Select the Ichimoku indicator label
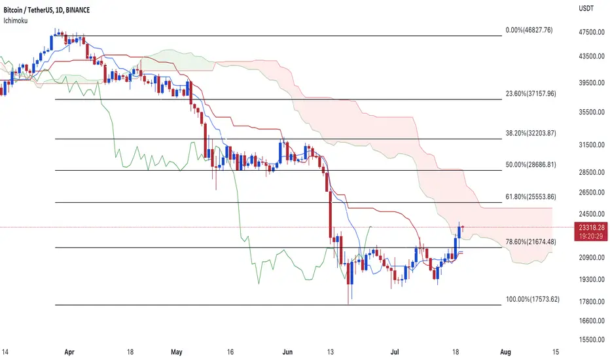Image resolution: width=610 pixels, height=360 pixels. pyautogui.click(x=16, y=21)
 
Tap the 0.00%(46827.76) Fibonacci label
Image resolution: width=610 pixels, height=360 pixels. pyautogui.click(x=529, y=30)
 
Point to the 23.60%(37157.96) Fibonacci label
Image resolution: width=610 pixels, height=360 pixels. pyautogui.click(x=531, y=94)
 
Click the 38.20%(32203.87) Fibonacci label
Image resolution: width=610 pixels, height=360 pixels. pyautogui.click(x=531, y=133)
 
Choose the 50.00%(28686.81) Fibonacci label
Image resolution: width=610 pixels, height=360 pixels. pyautogui.click(x=531, y=165)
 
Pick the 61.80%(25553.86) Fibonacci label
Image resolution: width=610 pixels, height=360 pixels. pyautogui.click(x=531, y=196)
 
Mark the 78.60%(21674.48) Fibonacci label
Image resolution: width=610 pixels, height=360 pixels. pyautogui.click(x=531, y=242)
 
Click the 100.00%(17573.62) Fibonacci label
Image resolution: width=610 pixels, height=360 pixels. pyautogui.click(x=533, y=299)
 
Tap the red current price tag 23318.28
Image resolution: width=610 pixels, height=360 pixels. pyautogui.click(x=591, y=228)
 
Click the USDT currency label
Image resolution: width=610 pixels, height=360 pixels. pyautogui.click(x=586, y=9)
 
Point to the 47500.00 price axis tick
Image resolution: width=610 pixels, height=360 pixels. pyautogui.click(x=592, y=32)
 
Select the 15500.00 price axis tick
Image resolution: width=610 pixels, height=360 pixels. pyautogui.click(x=592, y=339)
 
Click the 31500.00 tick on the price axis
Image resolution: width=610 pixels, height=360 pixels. pyautogui.click(x=592, y=145)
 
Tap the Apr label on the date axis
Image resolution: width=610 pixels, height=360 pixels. pyautogui.click(x=69, y=352)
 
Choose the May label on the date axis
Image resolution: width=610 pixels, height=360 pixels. pyautogui.click(x=177, y=352)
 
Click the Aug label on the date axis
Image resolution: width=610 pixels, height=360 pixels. pyautogui.click(x=505, y=352)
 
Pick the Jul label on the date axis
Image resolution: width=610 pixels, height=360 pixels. pyautogui.click(x=395, y=352)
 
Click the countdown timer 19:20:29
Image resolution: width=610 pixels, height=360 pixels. pyautogui.click(x=591, y=236)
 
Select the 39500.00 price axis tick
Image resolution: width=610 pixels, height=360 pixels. pyautogui.click(x=592, y=83)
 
